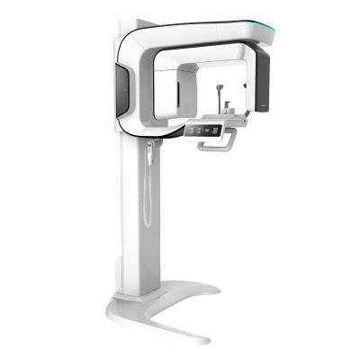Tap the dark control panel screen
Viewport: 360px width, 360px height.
pyautogui.click(x=206, y=130)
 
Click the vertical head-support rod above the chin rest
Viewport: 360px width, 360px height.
pyautogui.click(x=219, y=94)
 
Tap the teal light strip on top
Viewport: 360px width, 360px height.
pyautogui.click(x=270, y=31)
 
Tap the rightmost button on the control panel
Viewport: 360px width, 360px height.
pyautogui.click(x=219, y=130)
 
